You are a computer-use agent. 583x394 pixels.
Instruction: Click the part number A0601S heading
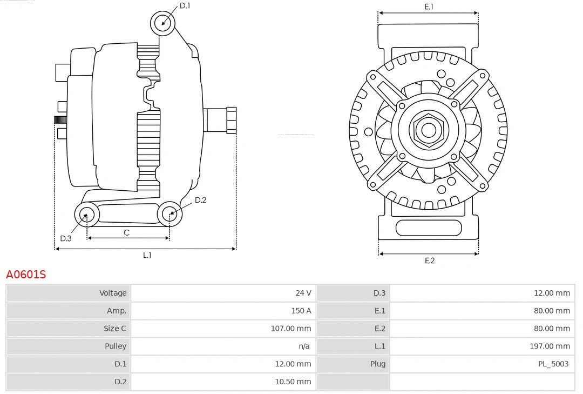(26, 275)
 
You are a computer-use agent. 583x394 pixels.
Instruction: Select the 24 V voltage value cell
(303, 293)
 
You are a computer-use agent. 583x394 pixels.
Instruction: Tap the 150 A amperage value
(301, 311)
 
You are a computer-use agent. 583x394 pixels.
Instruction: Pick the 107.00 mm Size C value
(290, 328)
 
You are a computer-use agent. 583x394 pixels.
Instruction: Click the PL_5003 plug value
(553, 364)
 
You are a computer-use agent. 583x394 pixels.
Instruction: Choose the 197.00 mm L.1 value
(550, 346)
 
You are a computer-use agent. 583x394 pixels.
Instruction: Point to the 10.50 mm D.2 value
(293, 382)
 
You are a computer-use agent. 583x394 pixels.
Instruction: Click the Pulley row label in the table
(115, 346)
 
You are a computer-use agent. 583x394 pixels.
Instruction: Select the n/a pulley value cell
(304, 346)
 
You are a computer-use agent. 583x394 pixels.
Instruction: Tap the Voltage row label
(112, 293)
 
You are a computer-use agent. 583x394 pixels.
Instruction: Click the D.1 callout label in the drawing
(185, 5)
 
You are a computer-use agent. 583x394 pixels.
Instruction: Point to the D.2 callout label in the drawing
(200, 200)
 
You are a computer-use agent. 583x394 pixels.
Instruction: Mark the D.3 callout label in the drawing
(65, 238)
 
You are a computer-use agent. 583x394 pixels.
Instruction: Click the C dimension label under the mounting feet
(126, 232)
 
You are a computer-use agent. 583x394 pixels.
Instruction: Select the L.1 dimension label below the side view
(147, 255)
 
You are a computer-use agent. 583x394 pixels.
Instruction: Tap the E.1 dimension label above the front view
(429, 6)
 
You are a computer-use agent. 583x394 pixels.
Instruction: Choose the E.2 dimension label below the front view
(429, 261)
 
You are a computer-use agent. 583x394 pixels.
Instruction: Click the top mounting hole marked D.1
(164, 23)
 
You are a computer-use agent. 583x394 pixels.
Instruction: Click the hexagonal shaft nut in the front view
(428, 130)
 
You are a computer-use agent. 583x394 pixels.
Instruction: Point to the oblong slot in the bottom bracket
(429, 228)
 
